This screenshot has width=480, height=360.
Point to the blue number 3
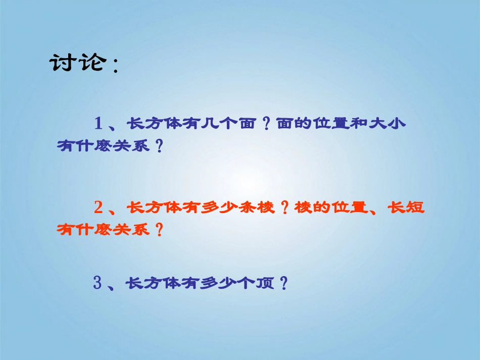[98, 283]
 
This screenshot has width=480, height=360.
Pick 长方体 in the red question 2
[152, 207]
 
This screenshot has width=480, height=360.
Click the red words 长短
[407, 207]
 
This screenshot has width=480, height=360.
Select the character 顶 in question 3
[264, 284]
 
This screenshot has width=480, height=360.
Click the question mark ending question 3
[283, 284]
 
